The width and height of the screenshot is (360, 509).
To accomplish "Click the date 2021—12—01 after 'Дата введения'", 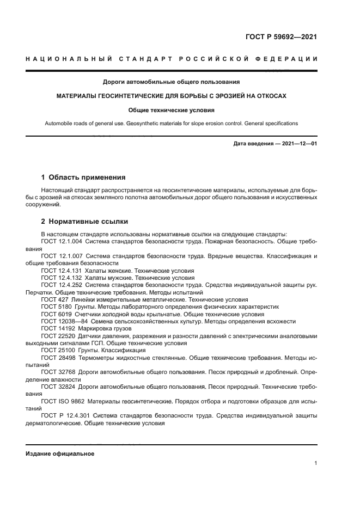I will pos(299,144).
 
